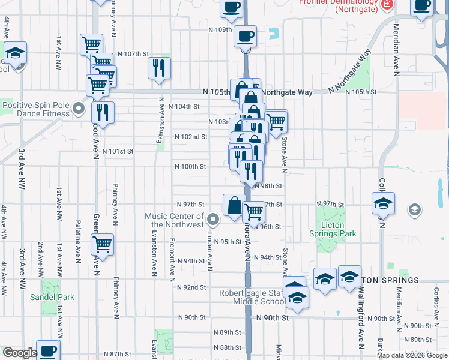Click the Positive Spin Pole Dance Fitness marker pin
[78, 109]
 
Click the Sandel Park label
[52, 296]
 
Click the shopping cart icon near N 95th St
[102, 244]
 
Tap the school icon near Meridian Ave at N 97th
[382, 203]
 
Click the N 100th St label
[190, 166]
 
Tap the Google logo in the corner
[20, 353]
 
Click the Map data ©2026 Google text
[412, 355]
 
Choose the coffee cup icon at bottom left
[47, 350]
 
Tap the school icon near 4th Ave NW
[15, 52]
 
